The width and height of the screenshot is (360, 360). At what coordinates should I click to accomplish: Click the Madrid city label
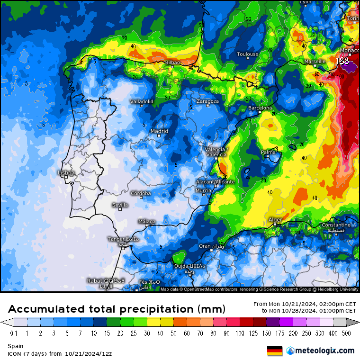(x=159, y=131)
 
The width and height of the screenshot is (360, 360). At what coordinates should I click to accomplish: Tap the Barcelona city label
(x=261, y=108)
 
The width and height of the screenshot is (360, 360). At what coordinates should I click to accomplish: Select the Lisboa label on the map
(x=66, y=173)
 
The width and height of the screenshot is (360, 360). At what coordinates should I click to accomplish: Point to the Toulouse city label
(x=248, y=54)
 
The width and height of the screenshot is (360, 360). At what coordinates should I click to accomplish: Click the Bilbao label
(x=172, y=63)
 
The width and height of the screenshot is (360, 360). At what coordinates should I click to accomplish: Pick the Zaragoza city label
(x=207, y=101)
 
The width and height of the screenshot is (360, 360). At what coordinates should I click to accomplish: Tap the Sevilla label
(x=120, y=205)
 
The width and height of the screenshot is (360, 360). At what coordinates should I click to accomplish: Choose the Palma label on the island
(x=268, y=152)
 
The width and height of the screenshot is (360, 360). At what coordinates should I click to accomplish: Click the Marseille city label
(x=315, y=62)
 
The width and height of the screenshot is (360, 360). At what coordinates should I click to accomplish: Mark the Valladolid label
(x=142, y=101)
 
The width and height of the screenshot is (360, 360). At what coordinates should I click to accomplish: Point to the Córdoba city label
(x=141, y=193)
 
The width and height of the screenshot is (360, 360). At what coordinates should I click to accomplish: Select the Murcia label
(x=203, y=190)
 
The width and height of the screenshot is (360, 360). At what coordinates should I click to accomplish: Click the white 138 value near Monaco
(x=342, y=61)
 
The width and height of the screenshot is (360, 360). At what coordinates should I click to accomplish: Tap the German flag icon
(x=275, y=351)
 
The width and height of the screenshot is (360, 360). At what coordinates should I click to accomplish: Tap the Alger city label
(x=275, y=220)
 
